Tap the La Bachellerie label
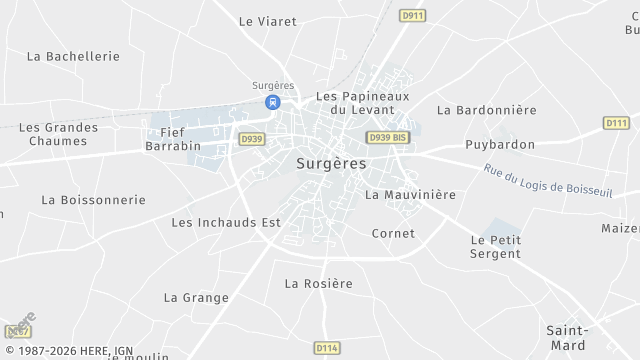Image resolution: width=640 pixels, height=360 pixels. [74, 56]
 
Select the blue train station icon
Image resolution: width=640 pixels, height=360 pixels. [272, 102]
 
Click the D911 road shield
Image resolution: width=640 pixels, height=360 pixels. [411, 16]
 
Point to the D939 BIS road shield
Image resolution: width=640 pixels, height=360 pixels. [387, 137]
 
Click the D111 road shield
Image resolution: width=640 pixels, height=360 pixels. [616, 123]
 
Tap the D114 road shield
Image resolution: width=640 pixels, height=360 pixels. [326, 348]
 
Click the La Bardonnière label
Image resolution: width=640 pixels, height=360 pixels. [487, 109]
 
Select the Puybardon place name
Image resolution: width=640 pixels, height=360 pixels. [500, 144]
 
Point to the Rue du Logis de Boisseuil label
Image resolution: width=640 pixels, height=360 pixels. [546, 181]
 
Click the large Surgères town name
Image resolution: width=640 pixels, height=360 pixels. [331, 162]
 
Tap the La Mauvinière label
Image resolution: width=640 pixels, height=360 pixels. [410, 194]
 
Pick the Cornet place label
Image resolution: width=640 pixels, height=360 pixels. [393, 233]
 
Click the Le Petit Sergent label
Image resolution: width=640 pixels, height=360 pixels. [496, 247]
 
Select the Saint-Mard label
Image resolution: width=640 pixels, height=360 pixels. [566, 337]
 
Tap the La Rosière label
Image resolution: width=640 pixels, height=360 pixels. [319, 283]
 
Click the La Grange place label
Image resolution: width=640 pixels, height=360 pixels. [196, 297]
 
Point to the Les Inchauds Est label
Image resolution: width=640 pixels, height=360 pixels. [226, 222]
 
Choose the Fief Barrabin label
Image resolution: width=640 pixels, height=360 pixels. [173, 138]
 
